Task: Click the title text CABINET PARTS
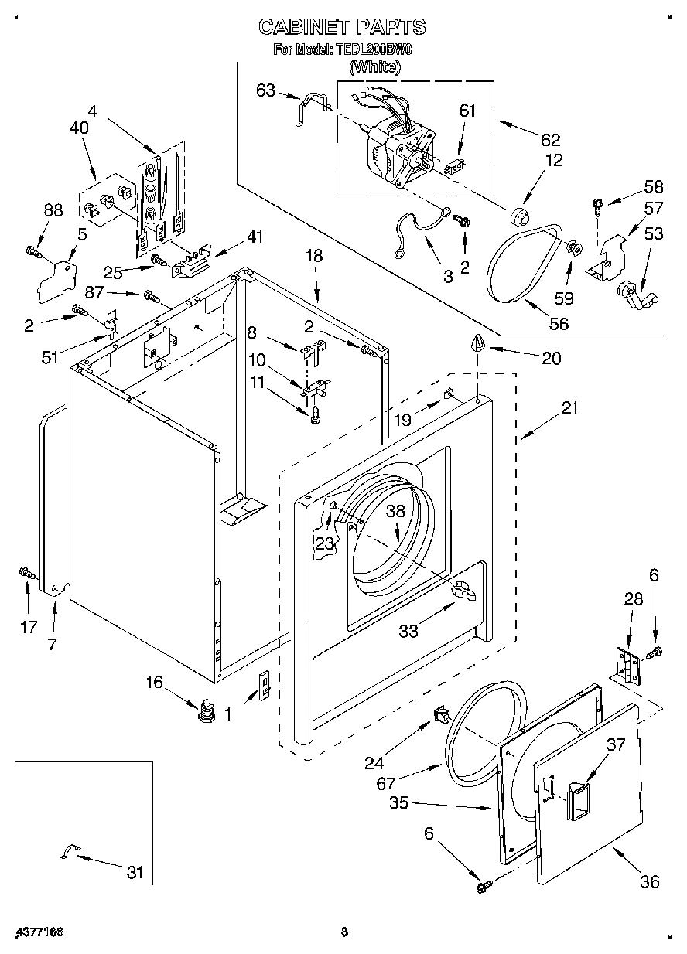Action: point(341,27)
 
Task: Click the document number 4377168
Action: point(38,932)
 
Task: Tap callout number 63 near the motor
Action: point(265,91)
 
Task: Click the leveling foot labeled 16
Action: point(205,709)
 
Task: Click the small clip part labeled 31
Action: point(68,851)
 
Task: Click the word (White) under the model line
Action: point(374,67)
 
